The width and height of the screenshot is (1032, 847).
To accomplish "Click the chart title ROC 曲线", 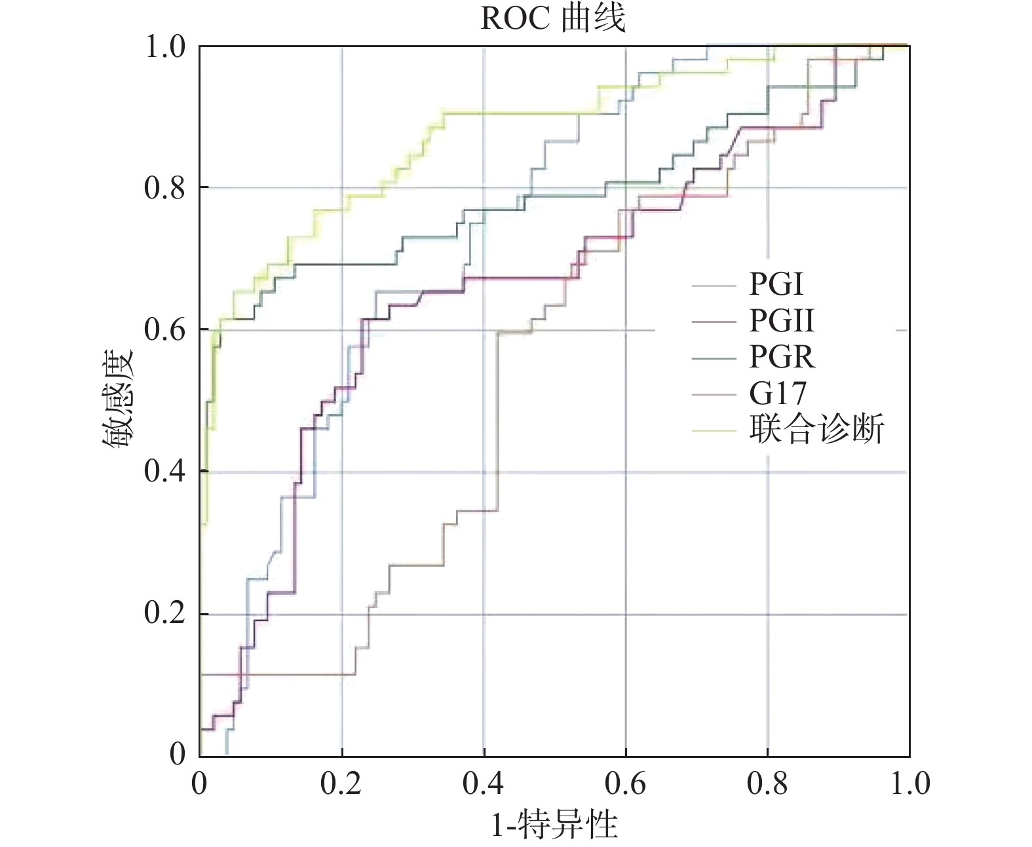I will (553, 18).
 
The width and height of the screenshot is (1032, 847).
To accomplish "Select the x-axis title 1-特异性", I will (554, 823).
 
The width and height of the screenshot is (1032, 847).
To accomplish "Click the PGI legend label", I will (776, 284).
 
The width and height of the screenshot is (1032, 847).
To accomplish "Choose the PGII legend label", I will (782, 321).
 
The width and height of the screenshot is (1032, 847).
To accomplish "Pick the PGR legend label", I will (782, 357).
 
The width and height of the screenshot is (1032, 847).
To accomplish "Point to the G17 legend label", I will (778, 394).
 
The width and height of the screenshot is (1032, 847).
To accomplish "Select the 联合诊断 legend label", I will (816, 430).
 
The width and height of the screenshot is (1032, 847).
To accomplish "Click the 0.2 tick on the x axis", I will (341, 783).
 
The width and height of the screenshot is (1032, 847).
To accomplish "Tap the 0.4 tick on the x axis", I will (484, 783).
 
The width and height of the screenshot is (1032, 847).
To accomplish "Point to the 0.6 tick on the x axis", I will (626, 783).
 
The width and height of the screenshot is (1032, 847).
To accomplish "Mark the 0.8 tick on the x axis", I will (768, 783).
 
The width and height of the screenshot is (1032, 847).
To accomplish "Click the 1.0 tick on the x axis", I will (909, 783).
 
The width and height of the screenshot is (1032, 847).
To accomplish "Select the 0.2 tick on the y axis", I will (164, 614).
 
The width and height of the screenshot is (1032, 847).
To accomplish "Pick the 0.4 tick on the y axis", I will (164, 472).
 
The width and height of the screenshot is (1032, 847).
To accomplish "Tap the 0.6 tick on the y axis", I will (164, 330).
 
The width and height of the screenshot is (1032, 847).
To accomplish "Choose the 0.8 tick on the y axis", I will (164, 188).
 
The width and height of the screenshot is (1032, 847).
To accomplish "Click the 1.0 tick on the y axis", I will (164, 47).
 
